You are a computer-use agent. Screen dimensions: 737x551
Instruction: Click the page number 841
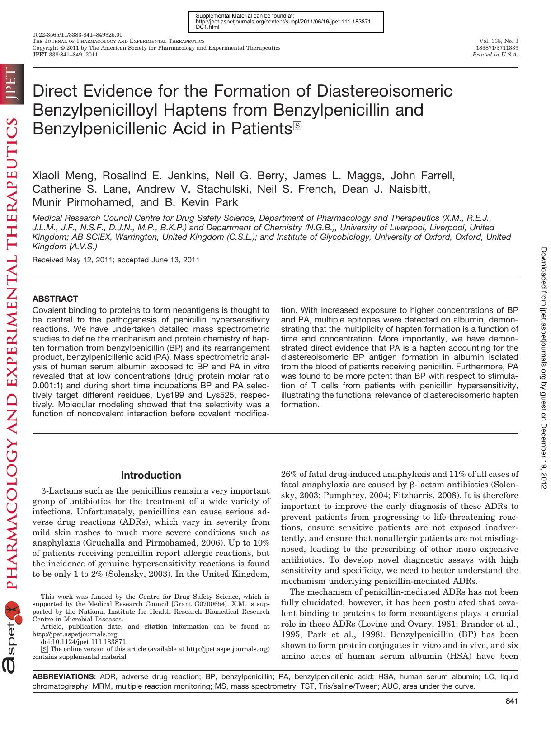point(511,701)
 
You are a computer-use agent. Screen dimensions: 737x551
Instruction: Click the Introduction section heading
point(151,475)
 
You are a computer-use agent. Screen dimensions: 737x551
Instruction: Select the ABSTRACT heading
point(55,299)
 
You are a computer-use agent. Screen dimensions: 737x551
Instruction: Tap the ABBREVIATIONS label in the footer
point(64,676)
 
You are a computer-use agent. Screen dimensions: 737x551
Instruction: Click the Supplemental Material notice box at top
point(285,21)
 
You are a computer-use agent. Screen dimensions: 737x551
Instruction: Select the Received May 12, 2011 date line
point(116,260)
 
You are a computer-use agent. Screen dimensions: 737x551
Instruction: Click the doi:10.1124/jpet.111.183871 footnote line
point(84,641)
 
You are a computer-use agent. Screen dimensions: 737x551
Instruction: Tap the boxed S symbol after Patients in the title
point(297,126)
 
